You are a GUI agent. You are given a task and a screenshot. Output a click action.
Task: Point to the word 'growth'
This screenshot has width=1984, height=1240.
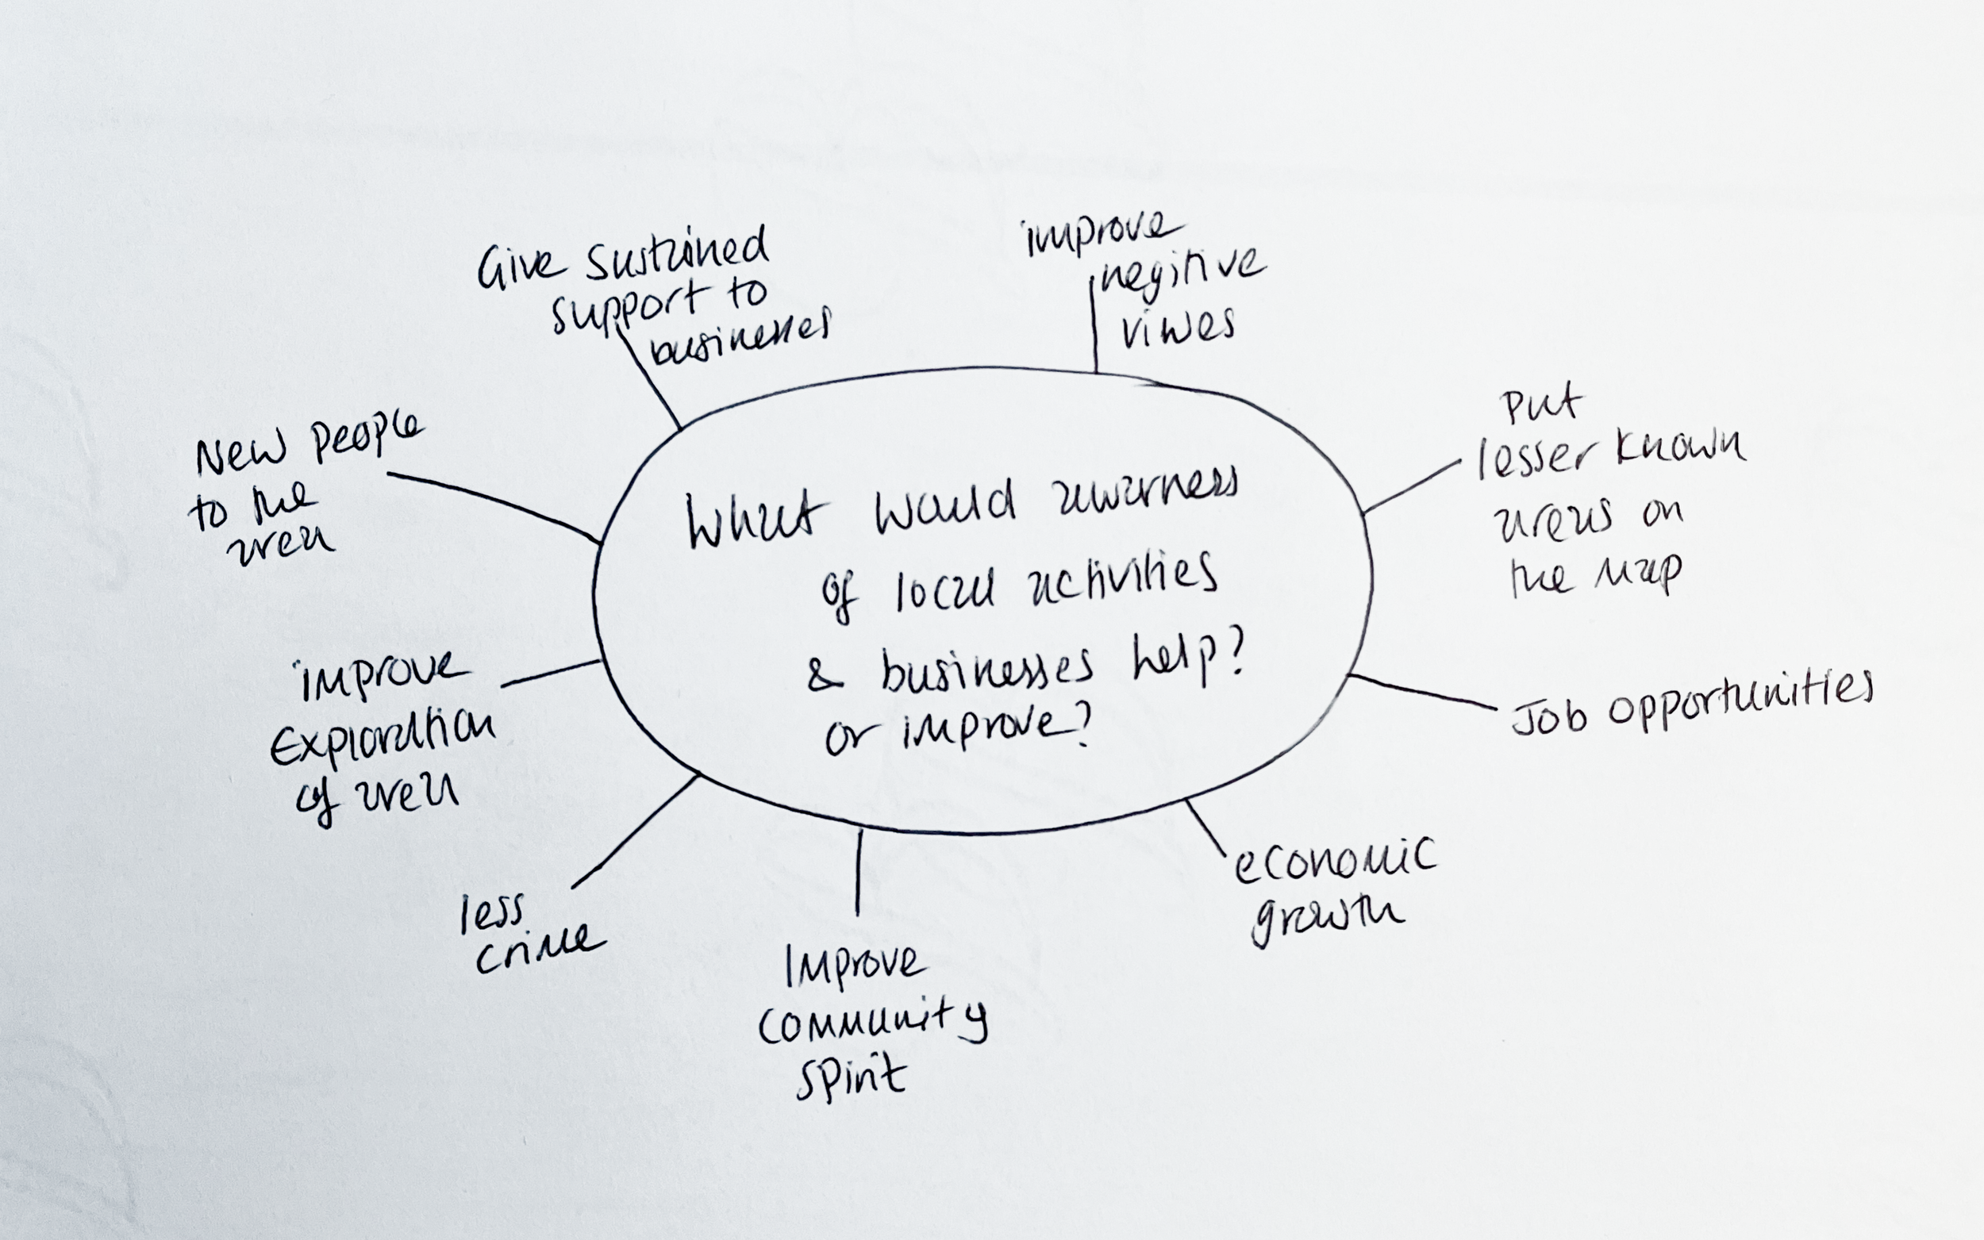[x=1326, y=919]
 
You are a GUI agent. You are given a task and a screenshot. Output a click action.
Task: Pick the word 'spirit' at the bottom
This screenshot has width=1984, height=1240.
[x=852, y=1077]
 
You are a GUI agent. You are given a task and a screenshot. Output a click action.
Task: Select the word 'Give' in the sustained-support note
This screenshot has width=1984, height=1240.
[x=520, y=267]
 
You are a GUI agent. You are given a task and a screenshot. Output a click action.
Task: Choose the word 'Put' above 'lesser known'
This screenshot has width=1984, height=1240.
[x=1540, y=406]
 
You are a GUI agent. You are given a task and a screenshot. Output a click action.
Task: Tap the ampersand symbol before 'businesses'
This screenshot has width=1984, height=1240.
[x=825, y=677]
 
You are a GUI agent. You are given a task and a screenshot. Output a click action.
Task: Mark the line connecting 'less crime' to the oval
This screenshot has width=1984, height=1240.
[x=634, y=832]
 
